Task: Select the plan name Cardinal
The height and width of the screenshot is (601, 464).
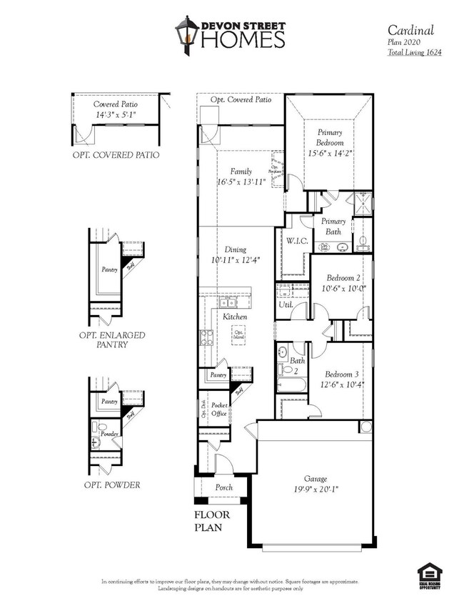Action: (412, 30)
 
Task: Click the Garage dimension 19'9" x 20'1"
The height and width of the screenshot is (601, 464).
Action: (315, 490)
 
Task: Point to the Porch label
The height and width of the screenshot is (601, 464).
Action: (223, 487)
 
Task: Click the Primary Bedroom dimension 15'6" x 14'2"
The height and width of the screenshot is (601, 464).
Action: (330, 153)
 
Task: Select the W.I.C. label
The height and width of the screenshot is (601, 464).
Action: (297, 241)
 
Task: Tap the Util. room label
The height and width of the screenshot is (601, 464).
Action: (285, 306)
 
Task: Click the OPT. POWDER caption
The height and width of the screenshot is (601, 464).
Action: (111, 485)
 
